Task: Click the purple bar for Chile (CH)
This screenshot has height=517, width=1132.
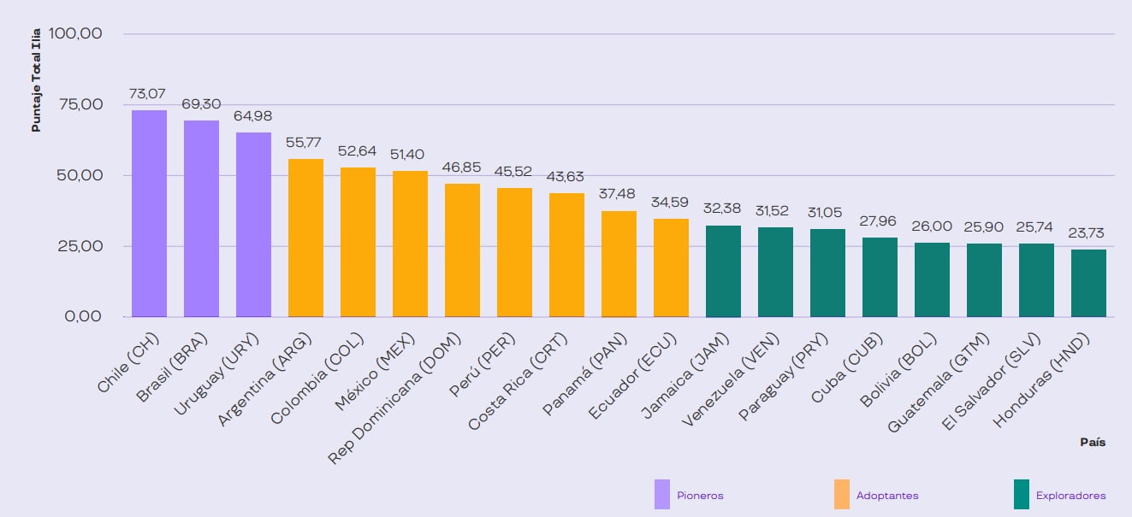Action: click(149, 214)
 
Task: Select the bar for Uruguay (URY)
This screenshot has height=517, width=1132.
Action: click(253, 225)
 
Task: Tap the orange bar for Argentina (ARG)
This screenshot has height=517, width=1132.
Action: click(305, 238)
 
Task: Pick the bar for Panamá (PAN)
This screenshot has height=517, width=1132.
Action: click(619, 264)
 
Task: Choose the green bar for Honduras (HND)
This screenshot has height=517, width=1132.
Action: click(1088, 283)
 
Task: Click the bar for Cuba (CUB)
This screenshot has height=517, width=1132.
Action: click(880, 277)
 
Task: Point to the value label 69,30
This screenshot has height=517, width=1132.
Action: click(200, 103)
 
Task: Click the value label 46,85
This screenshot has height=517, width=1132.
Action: click(462, 167)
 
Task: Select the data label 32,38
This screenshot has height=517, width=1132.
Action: click(723, 208)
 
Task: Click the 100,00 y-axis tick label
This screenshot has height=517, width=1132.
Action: click(76, 34)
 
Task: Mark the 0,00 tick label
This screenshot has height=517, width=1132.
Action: click(83, 317)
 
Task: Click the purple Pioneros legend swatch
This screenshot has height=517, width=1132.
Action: click(661, 495)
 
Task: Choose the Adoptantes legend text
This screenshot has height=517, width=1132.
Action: click(888, 496)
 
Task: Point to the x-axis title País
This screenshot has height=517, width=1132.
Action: click(1092, 443)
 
